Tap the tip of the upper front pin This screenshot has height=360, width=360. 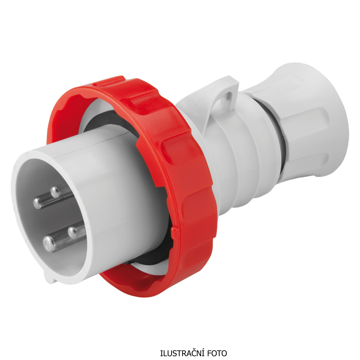(x=38, y=203)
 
